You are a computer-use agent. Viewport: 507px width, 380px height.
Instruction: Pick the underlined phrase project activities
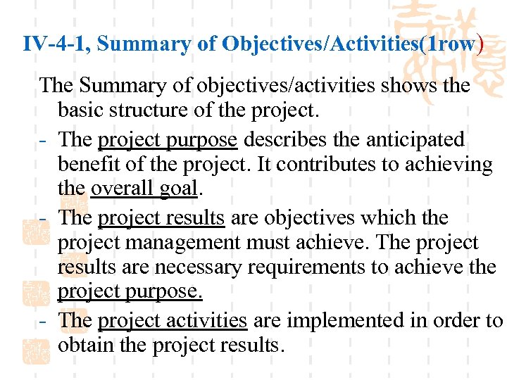(x=173, y=320)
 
